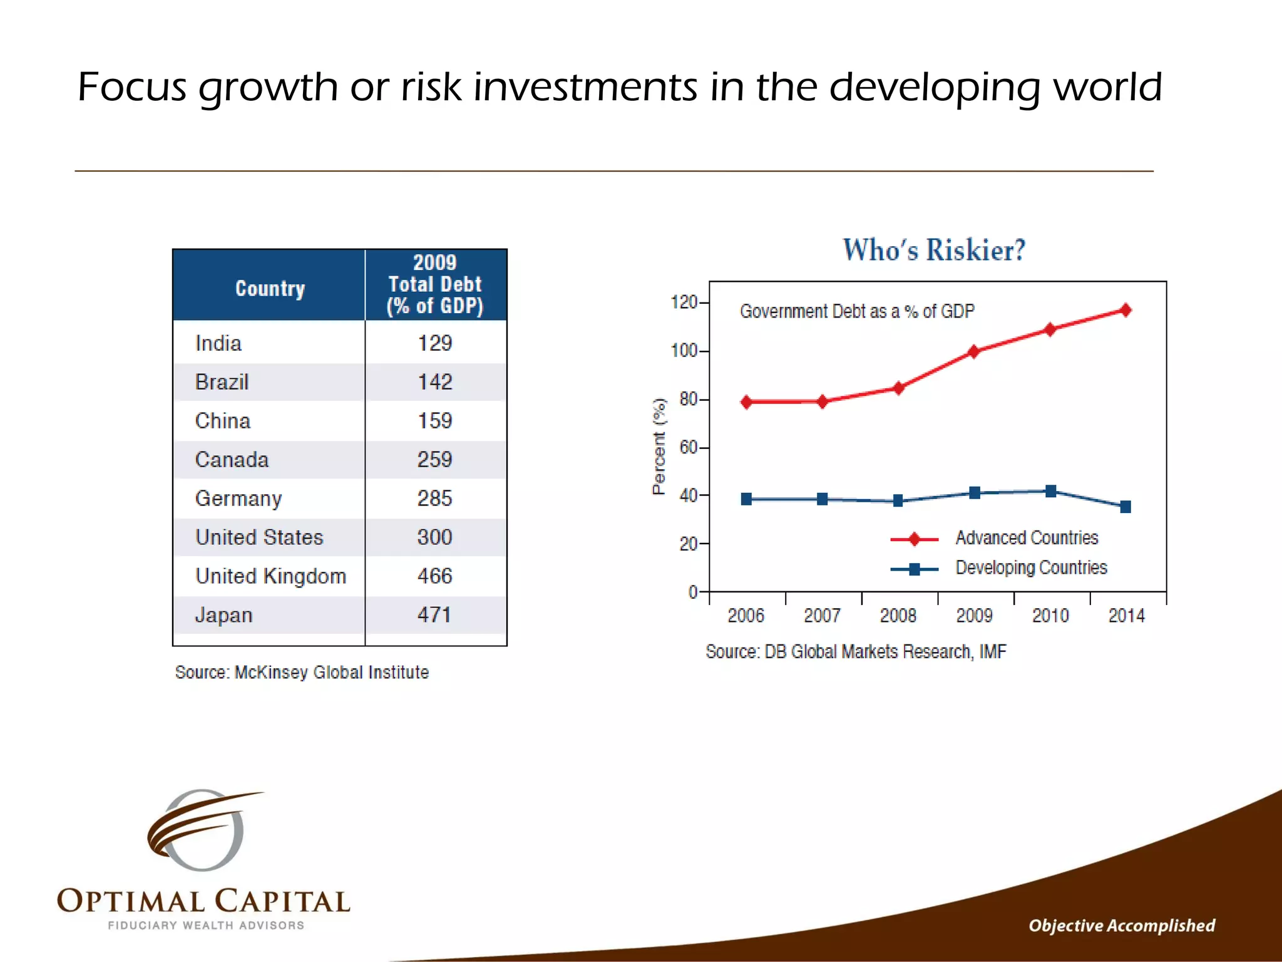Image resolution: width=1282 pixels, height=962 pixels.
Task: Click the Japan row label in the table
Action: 223,615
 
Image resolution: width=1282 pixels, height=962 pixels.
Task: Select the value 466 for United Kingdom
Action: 434,576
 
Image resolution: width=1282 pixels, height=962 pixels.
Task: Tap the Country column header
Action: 270,289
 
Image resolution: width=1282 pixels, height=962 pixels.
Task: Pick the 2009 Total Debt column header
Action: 435,284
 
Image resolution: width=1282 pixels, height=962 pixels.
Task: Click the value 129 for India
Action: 434,343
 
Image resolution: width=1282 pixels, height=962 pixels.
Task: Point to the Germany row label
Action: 238,499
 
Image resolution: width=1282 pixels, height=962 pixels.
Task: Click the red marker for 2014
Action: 1126,310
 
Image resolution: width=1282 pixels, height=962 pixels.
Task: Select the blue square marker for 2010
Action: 1050,491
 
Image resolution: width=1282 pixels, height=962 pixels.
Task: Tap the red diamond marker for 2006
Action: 746,402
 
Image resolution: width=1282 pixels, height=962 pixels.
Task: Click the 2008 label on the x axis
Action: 898,616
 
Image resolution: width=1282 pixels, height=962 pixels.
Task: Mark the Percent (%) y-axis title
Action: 659,447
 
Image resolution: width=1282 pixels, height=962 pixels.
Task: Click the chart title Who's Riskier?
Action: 934,250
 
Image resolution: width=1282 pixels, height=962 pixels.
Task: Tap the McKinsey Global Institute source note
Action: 302,673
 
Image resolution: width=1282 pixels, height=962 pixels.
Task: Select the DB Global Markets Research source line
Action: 856,652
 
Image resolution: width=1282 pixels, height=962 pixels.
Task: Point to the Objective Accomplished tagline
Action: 1121,926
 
